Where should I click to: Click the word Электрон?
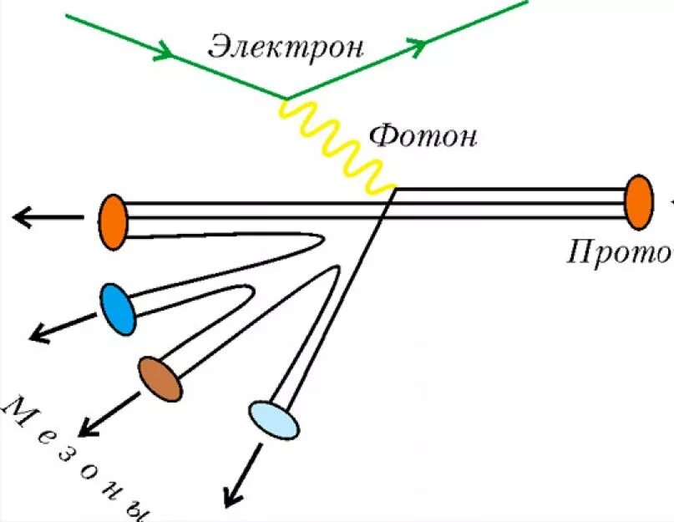pos(286,45)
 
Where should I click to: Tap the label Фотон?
pos(423,134)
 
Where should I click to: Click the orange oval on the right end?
pos(638,202)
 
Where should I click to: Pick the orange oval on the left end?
pos(113,221)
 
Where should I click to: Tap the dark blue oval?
pos(117,308)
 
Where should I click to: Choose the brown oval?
pos(160,379)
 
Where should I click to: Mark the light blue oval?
pos(274,419)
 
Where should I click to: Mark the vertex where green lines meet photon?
pos(287,99)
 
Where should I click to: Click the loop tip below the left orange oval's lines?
pos(322,241)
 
